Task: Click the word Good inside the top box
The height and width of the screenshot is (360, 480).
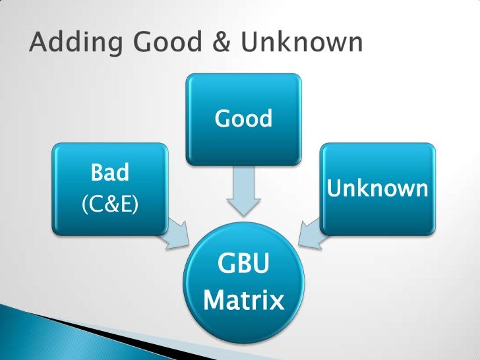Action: (x=243, y=119)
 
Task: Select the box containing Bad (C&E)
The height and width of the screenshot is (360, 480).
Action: (x=109, y=189)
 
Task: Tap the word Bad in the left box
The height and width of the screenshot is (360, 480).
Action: (x=109, y=173)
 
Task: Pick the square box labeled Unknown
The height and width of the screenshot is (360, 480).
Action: (x=378, y=190)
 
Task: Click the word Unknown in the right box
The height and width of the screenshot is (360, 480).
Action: (x=378, y=190)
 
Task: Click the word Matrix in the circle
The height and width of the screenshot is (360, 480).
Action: (x=244, y=302)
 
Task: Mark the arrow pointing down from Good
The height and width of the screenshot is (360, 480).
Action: (x=244, y=192)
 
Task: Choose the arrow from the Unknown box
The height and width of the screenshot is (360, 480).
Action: (x=311, y=235)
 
